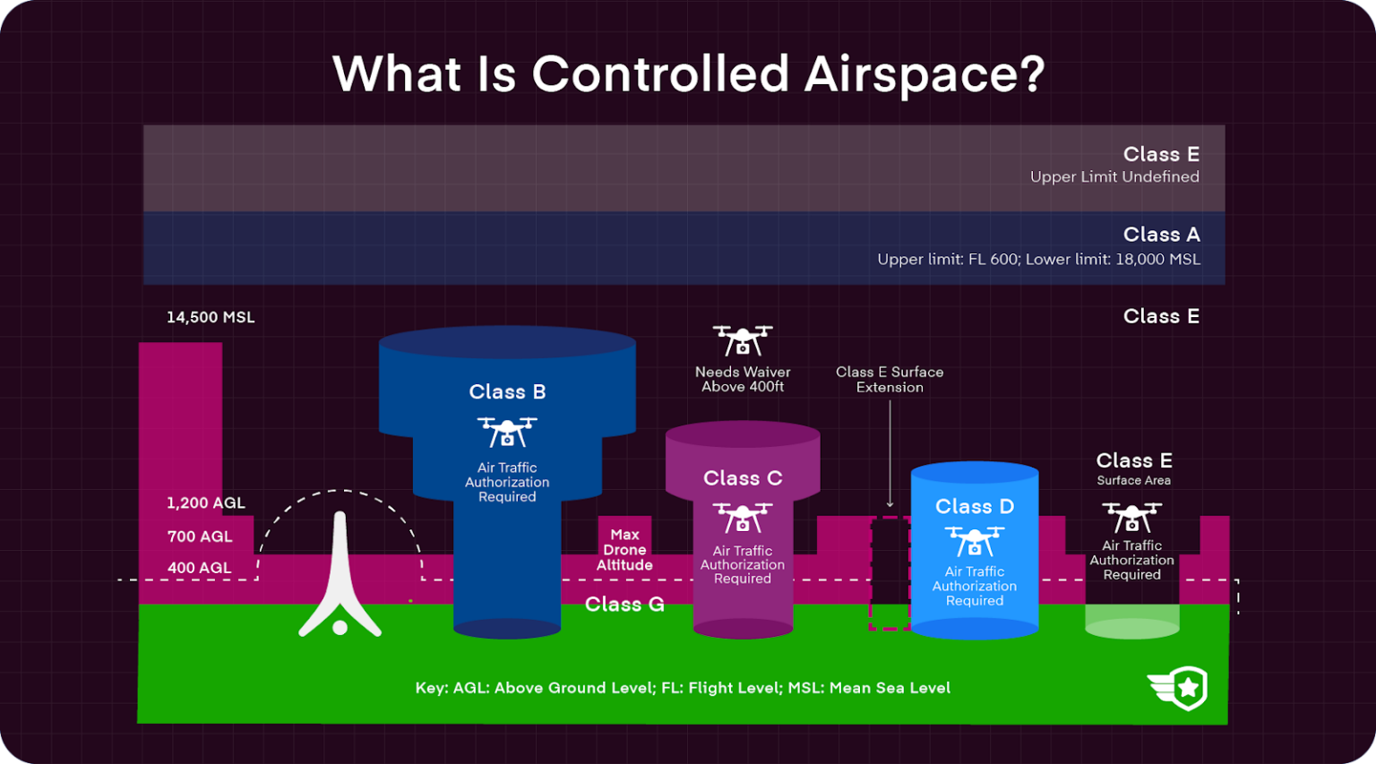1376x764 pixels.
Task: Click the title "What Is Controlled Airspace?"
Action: tap(688, 73)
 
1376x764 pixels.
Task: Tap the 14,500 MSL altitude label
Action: tap(211, 317)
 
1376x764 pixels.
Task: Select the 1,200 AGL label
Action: tap(205, 502)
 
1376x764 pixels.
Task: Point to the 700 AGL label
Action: tap(200, 537)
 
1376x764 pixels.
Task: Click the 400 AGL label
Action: tap(199, 568)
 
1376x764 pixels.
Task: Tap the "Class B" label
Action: tap(507, 391)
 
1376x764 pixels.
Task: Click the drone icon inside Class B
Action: tap(507, 432)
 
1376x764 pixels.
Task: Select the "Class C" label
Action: tap(743, 478)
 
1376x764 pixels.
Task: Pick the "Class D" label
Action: tap(975, 506)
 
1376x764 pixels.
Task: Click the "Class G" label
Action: tap(624, 605)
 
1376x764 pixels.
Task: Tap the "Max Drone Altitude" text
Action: tap(624, 550)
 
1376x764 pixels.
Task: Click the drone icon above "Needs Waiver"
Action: tap(743, 340)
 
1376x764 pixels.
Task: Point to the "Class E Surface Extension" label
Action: tap(890, 379)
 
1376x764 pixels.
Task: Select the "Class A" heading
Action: tap(1161, 235)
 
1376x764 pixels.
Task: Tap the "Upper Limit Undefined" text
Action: tap(1114, 176)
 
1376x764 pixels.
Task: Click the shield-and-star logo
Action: tap(1179, 688)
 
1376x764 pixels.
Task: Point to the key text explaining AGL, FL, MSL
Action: tap(683, 688)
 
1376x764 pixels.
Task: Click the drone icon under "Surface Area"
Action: tap(1131, 517)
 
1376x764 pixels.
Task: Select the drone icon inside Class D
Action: tap(975, 541)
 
